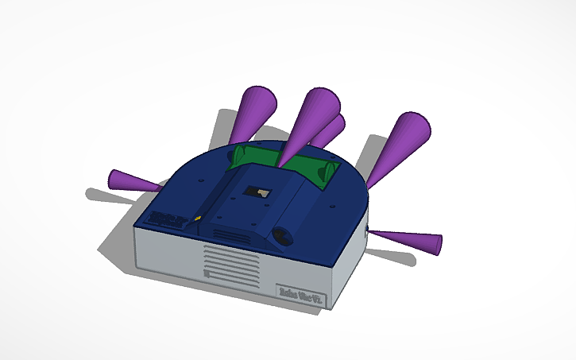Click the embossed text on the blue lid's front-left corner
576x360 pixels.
[167, 215]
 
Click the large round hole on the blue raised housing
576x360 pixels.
[284, 235]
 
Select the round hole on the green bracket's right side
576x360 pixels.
[327, 171]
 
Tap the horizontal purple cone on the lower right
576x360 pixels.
[409, 240]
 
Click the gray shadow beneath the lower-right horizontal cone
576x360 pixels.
[393, 257]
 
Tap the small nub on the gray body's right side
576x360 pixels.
[367, 231]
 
